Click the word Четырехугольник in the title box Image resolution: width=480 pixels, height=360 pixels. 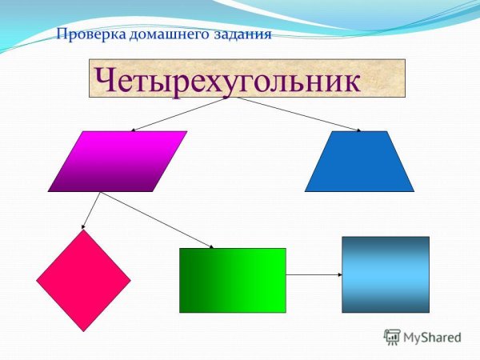click(227, 81)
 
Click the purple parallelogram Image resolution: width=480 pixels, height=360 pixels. click(118, 162)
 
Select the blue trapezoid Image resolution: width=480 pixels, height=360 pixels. click(359, 162)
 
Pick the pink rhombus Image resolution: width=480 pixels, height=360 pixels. click(83, 280)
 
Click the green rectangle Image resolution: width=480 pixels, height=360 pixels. click(232, 280)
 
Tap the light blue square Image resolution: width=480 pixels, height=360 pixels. click(385, 274)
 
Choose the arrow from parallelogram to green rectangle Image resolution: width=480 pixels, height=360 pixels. click(156, 220)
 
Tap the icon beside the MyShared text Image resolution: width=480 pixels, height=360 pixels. click(392, 337)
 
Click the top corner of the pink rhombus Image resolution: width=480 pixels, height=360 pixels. click(83, 231)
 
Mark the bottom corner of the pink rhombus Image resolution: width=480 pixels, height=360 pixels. click(83, 330)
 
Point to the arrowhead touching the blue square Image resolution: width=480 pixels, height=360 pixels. click(338, 274)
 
